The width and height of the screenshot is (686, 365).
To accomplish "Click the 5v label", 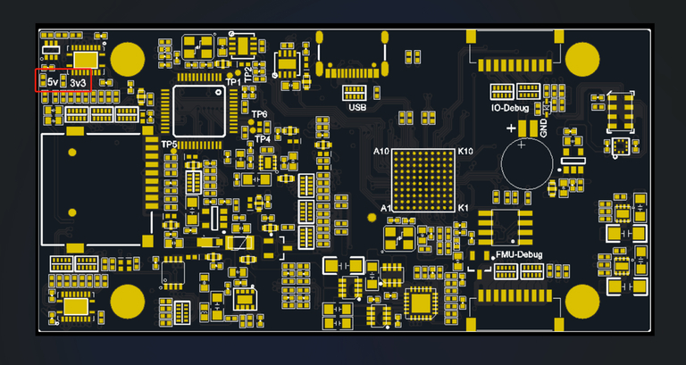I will (53, 83).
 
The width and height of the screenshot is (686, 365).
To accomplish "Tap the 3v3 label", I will (79, 83).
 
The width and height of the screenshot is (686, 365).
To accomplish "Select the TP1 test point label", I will (233, 82).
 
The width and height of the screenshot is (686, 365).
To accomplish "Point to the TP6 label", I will (259, 114).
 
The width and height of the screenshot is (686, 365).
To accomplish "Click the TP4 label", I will (262, 138).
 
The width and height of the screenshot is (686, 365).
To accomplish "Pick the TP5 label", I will (169, 144).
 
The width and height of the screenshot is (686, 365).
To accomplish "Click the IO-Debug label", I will (510, 108).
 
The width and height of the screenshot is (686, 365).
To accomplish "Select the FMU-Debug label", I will (519, 254).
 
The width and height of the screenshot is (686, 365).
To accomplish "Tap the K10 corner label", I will (465, 152).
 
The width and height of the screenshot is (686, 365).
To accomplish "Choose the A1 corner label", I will (386, 208).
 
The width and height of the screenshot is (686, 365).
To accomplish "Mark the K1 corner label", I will (464, 208).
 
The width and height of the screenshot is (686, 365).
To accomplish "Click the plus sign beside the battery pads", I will (512, 129).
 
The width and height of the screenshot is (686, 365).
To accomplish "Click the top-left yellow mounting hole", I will (128, 59).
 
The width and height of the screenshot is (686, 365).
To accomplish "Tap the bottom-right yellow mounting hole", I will (582, 302).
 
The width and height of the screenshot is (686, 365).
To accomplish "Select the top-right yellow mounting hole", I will (582, 59).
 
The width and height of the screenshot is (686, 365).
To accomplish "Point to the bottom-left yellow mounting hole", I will (128, 302).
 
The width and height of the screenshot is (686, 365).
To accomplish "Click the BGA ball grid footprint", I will (423, 179).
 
